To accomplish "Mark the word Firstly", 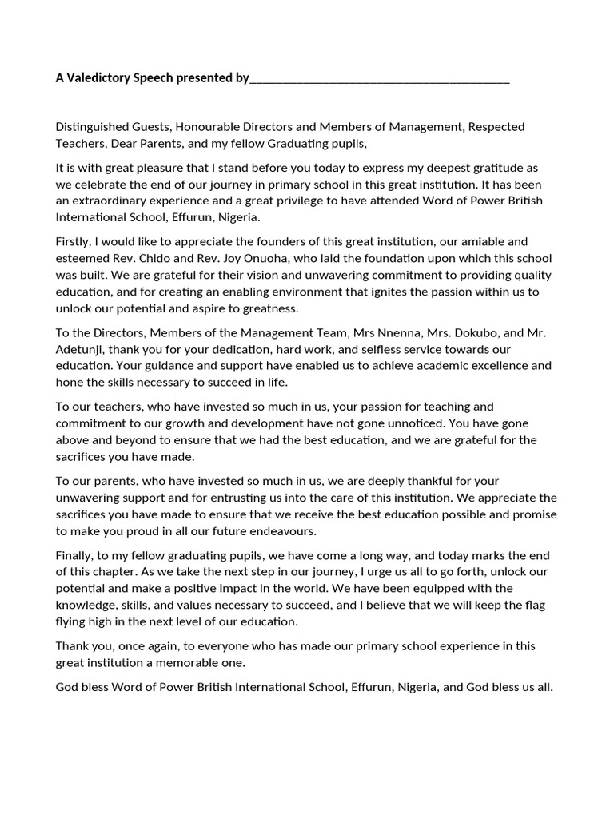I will [x=74, y=241].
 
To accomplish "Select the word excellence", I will [x=496, y=366].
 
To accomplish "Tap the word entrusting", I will [x=257, y=497].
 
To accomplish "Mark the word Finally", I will [x=75, y=555].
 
